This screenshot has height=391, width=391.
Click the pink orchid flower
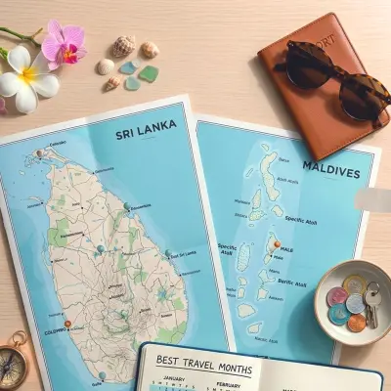pos(63,43)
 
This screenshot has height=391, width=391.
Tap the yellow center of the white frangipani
pos(26,73)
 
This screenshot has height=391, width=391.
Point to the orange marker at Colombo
pos(67,324)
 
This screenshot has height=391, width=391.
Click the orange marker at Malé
pos(277,244)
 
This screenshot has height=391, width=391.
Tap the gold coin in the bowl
pos(355,285)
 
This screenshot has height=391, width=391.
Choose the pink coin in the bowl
pos(337,295)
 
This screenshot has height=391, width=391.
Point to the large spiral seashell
pos(123,46)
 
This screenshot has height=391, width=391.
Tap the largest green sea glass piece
pos(148,73)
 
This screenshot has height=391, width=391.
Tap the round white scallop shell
pos(106,66)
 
